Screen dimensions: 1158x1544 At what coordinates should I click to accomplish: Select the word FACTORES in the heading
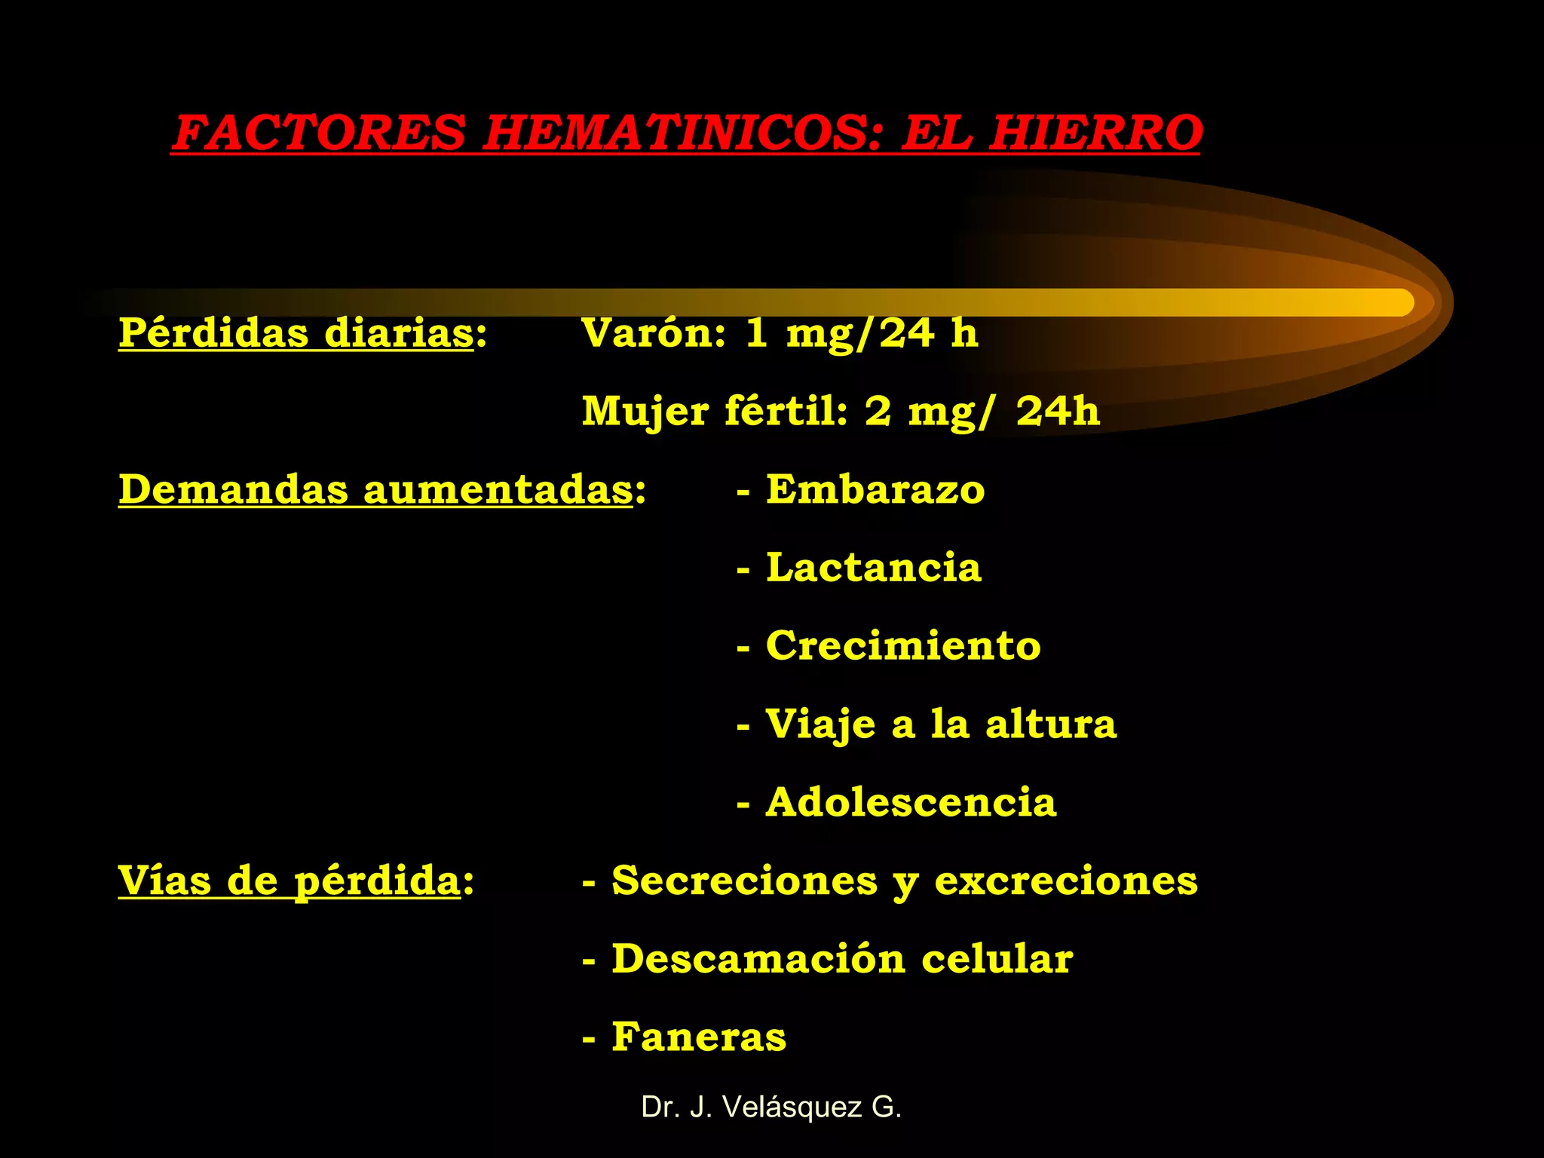(x=320, y=133)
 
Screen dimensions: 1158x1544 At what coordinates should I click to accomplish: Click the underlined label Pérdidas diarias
(x=296, y=333)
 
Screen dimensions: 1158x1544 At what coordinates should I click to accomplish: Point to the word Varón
(x=653, y=333)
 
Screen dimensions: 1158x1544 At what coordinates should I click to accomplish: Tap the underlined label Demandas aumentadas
(x=375, y=490)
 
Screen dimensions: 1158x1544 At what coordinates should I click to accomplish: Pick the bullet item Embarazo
(x=875, y=490)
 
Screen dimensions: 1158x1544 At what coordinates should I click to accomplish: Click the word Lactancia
(x=873, y=568)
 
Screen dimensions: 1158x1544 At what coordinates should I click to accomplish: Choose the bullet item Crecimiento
(x=903, y=646)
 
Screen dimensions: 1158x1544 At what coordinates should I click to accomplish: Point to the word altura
(x=1050, y=725)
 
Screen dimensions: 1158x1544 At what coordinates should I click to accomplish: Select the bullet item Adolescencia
(x=911, y=802)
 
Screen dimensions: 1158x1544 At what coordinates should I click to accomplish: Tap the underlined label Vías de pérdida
(x=289, y=881)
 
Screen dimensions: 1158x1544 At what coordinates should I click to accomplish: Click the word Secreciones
(x=745, y=881)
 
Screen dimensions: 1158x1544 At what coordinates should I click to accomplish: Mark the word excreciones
(x=1065, y=881)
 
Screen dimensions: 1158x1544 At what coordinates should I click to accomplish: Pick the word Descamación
(x=758, y=959)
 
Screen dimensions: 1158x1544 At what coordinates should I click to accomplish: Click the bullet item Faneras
(x=698, y=1037)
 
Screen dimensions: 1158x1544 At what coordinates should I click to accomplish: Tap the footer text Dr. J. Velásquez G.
(x=771, y=1107)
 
